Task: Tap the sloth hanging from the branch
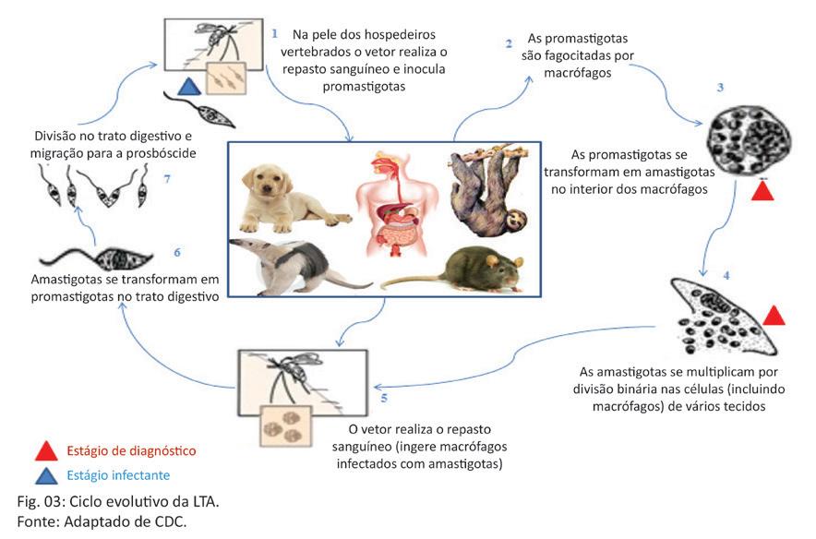[486, 189]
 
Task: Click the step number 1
[275, 33]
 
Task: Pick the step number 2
[509, 43]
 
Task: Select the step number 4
[726, 275]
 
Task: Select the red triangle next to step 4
[774, 315]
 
